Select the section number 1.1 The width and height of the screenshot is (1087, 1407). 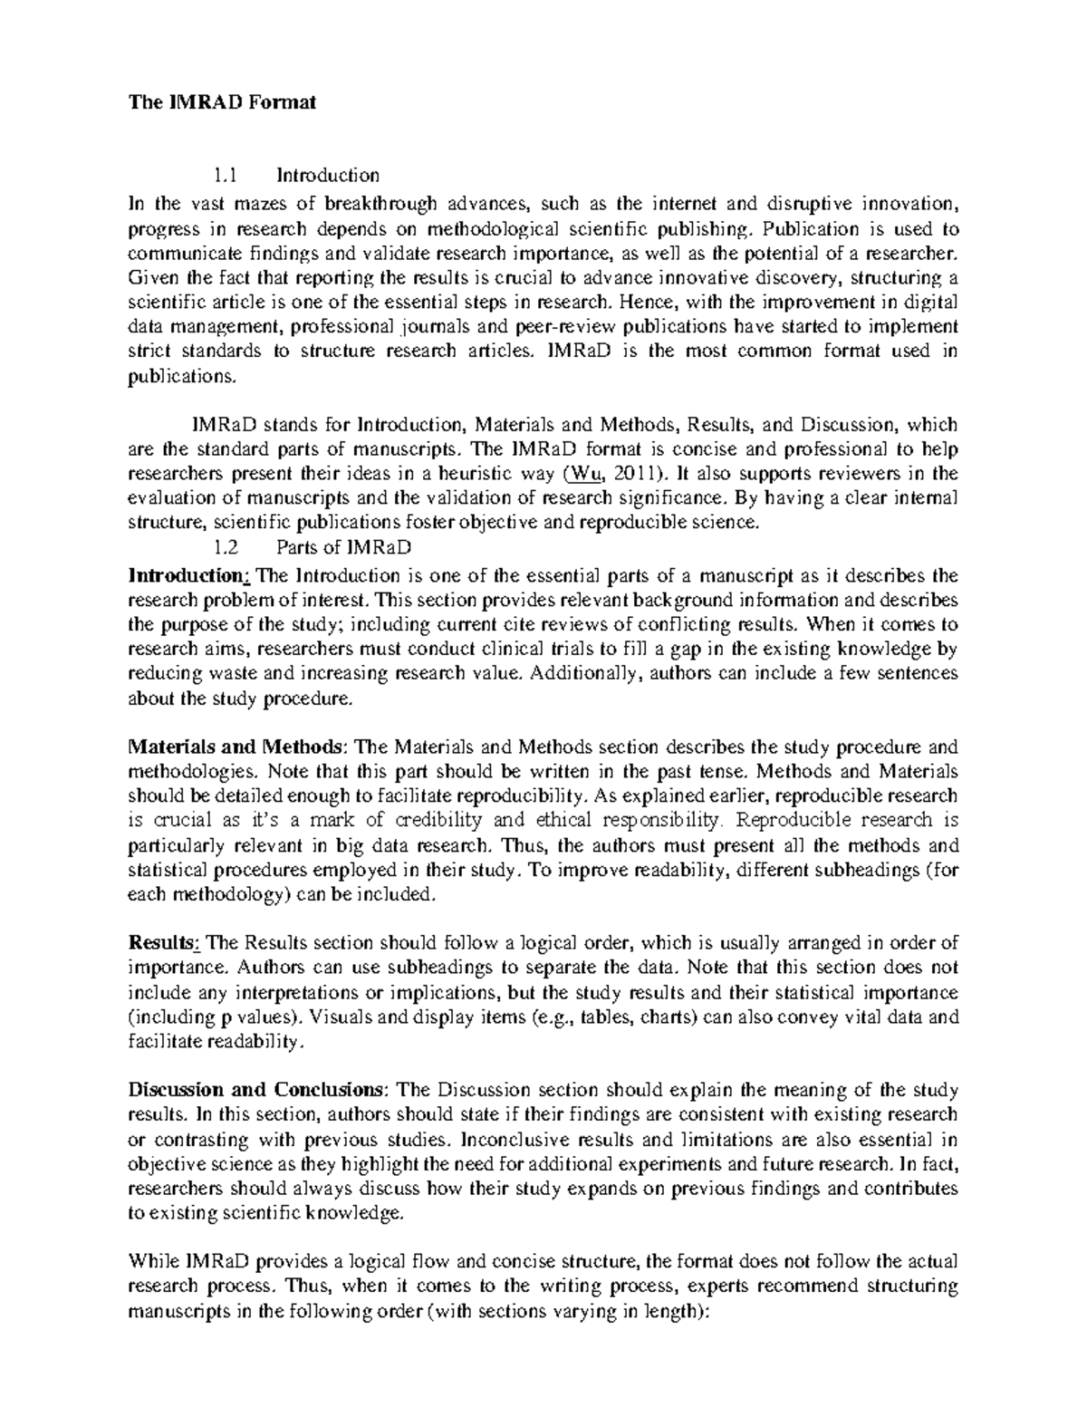pyautogui.click(x=225, y=174)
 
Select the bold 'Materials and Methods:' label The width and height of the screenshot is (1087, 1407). pyautogui.click(x=238, y=747)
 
